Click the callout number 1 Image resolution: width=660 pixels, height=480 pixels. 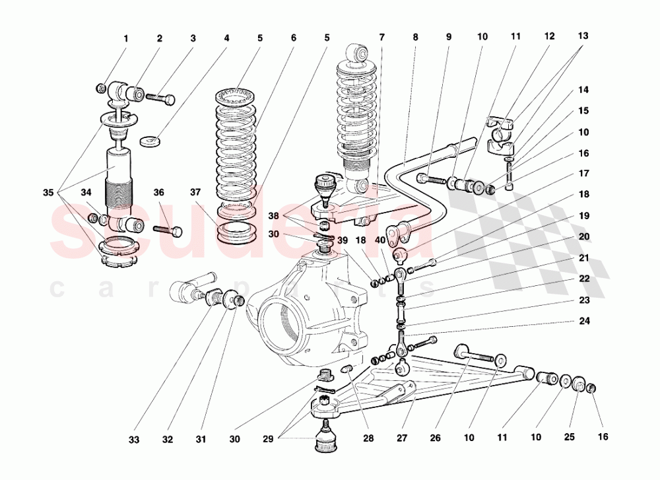[125, 39]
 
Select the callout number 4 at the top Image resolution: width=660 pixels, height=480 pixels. [226, 39]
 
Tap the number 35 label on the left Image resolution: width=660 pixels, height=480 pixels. [48, 193]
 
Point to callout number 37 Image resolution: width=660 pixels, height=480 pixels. [195, 193]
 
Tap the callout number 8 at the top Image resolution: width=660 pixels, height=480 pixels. [414, 38]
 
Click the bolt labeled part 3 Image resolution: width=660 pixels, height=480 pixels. [160, 98]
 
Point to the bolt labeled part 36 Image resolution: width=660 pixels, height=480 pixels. [168, 230]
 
